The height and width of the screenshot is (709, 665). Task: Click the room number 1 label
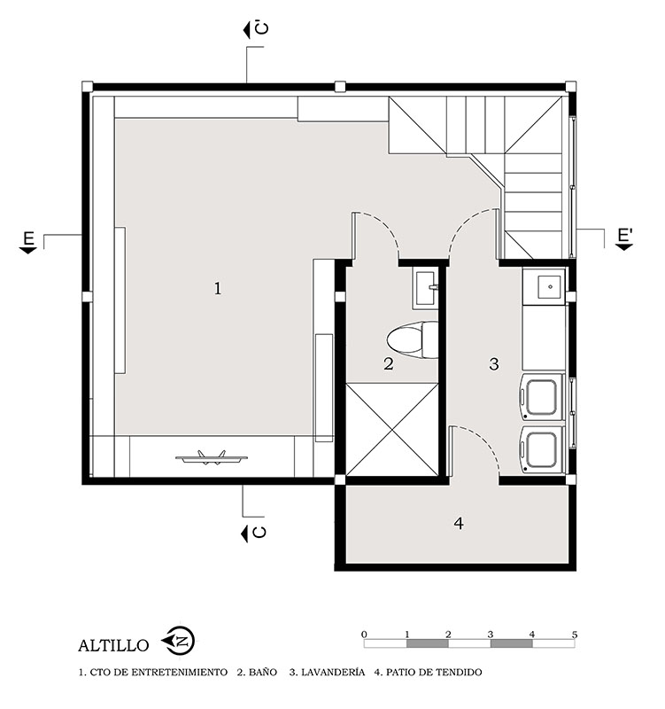(218, 289)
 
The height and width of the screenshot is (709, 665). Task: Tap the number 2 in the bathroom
(389, 363)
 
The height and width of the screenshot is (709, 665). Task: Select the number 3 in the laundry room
(494, 363)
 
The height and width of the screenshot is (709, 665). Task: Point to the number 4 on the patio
(459, 523)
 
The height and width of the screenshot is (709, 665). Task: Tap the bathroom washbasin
(425, 289)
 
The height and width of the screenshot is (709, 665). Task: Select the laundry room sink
(545, 286)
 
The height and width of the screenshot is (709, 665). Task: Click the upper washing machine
(543, 396)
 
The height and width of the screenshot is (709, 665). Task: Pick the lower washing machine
(543, 449)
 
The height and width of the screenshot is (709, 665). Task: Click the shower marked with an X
(391, 429)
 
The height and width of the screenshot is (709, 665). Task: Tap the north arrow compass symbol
(179, 641)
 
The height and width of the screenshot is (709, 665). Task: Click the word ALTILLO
(113, 645)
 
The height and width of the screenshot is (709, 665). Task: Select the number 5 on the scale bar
(574, 635)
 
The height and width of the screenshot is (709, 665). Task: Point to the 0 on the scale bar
(364, 635)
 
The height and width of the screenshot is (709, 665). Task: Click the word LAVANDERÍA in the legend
(333, 673)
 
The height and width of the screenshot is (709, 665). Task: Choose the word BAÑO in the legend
(263, 673)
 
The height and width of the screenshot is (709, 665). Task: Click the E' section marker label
(625, 236)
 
